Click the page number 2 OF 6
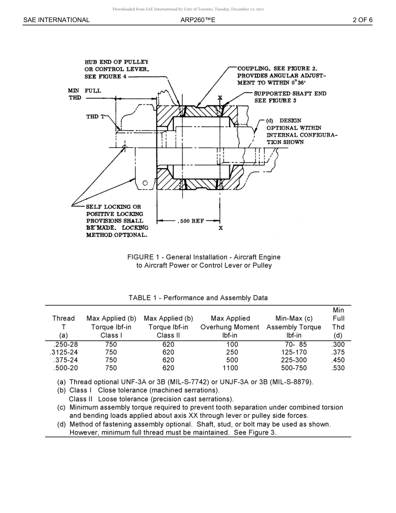pos(362,20)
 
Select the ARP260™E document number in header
pos(198,20)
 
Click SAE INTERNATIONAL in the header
pos(56,20)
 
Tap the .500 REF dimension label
pos(191,221)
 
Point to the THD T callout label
pos(93,117)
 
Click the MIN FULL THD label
pos(84,94)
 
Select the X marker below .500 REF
pos(221,228)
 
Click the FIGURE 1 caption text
pos(204,261)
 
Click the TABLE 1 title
pos(198,298)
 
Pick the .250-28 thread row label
pos(65,345)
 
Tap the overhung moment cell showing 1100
pos(230,368)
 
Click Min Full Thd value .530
pos(338,368)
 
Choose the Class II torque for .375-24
pos(168,360)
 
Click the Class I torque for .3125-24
pos(111,352)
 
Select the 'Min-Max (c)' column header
pos(293,319)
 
